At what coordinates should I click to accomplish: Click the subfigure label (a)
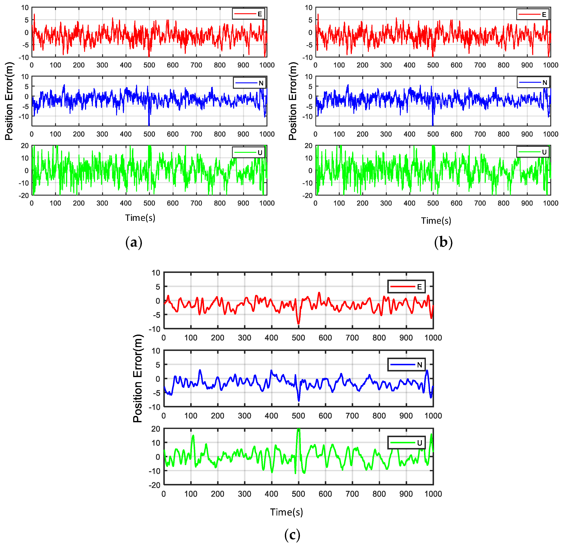click(134, 243)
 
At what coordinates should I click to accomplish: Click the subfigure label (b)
click(443, 243)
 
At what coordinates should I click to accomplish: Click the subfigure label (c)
click(292, 535)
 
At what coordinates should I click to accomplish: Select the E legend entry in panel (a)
click(248, 14)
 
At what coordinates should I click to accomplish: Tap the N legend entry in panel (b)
click(533, 83)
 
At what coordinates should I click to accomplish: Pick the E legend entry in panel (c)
click(406, 287)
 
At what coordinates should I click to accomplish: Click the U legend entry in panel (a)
click(248, 152)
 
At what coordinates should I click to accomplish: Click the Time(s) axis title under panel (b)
click(436, 220)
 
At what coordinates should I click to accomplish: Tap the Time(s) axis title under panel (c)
click(286, 512)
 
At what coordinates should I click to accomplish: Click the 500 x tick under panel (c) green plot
click(298, 494)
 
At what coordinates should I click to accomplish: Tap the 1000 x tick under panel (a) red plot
click(267, 65)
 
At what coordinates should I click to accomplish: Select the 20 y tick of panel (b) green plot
click(308, 146)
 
